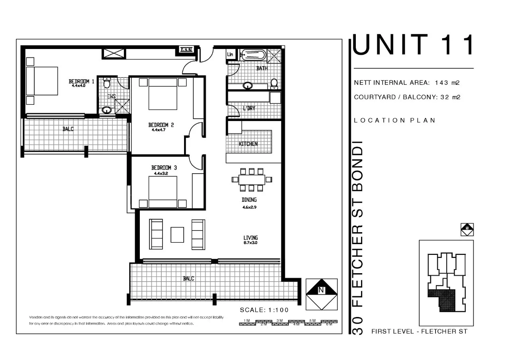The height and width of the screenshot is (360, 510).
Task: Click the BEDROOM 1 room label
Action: (x=81, y=82)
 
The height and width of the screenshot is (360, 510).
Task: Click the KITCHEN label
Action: (x=248, y=144)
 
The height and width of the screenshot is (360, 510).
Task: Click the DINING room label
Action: (x=249, y=200)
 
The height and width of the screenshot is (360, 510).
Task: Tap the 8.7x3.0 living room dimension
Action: (x=251, y=243)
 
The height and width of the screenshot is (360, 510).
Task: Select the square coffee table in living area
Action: (x=177, y=235)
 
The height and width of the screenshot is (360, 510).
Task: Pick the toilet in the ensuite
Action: (x=106, y=84)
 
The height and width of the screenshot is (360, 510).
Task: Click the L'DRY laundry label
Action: (x=249, y=108)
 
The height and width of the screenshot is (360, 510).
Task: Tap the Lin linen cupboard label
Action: (x=230, y=54)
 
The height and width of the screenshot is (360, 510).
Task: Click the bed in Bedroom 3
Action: (x=163, y=191)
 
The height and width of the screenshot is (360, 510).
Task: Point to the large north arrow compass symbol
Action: (x=321, y=294)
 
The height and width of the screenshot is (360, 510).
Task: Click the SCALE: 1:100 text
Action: (x=264, y=310)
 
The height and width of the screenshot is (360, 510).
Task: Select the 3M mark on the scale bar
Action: (x=279, y=321)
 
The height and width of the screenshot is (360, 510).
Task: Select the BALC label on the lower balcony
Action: (x=188, y=279)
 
